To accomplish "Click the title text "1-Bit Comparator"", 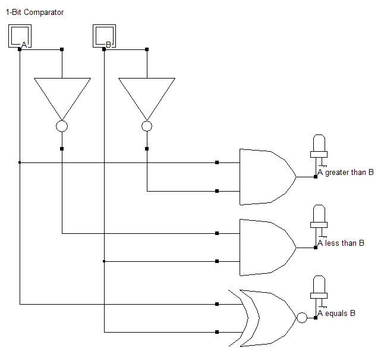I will pos(34,12).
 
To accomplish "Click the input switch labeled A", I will pos(20,36).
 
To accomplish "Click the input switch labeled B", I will pos(104,36).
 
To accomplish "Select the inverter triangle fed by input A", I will pos(62,95).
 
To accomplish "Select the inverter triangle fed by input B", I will pos(147,95).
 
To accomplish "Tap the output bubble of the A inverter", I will pos(62,126).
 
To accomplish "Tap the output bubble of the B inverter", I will pos(147,126).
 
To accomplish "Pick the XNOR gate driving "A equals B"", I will pos(267,318).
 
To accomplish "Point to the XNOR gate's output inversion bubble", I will pos(302,318).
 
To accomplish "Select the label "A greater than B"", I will pos(345,173).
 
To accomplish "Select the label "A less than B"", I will pos(341,243).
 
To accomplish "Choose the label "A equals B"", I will pos(336,314).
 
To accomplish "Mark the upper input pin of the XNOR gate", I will pos(217,303).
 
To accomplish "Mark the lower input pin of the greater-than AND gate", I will pos(217,191).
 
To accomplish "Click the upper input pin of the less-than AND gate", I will pos(217,233).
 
